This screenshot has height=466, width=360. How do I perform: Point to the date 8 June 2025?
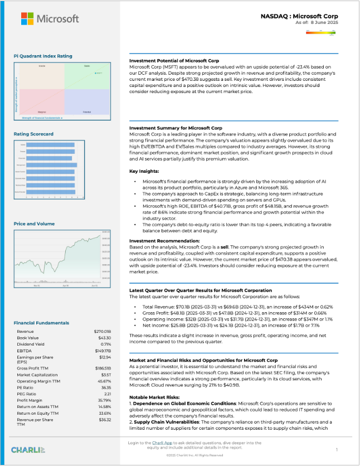322,23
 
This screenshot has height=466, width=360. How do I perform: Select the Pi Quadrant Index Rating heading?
43,56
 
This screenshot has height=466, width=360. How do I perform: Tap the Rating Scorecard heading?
33,134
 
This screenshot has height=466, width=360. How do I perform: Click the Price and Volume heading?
35,224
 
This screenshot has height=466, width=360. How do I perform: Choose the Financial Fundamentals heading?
42,323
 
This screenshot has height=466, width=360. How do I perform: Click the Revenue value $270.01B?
103,331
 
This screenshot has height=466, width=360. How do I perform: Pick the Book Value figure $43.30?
105,338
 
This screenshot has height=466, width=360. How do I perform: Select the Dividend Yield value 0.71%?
106,344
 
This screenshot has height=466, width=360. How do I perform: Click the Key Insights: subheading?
144,171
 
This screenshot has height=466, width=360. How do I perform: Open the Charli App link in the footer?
162,443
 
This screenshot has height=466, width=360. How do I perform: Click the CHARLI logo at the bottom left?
28,449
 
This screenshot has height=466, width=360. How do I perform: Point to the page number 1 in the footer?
337,449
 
